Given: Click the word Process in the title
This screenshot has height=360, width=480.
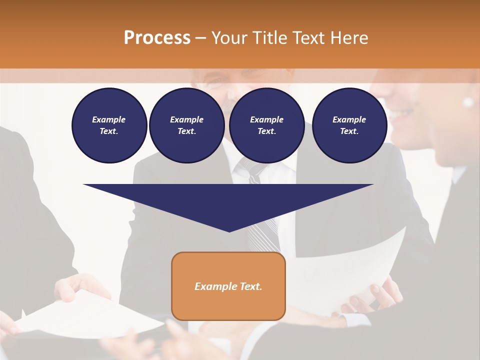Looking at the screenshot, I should coord(157,37).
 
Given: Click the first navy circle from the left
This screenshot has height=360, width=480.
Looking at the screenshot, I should coord(109,125).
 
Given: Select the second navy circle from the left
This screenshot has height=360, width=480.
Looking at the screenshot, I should coord(187,125).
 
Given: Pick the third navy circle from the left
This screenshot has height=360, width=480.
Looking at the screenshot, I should coord(267,125).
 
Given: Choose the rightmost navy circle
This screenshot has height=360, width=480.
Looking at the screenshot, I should coord(349,125).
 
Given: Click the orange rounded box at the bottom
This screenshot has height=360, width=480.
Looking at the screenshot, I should coord(228,286).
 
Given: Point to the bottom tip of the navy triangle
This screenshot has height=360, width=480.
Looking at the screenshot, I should coord(229,231).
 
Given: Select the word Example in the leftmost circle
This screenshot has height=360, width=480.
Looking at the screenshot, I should coord(109,119).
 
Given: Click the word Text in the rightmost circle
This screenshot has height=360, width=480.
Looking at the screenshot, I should coord(349,131).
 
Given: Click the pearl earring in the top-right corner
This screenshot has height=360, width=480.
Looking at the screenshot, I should coord(468,102).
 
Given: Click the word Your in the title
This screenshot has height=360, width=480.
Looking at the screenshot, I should coord(229,37).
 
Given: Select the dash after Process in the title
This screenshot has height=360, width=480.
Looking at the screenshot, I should coord(200,37).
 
